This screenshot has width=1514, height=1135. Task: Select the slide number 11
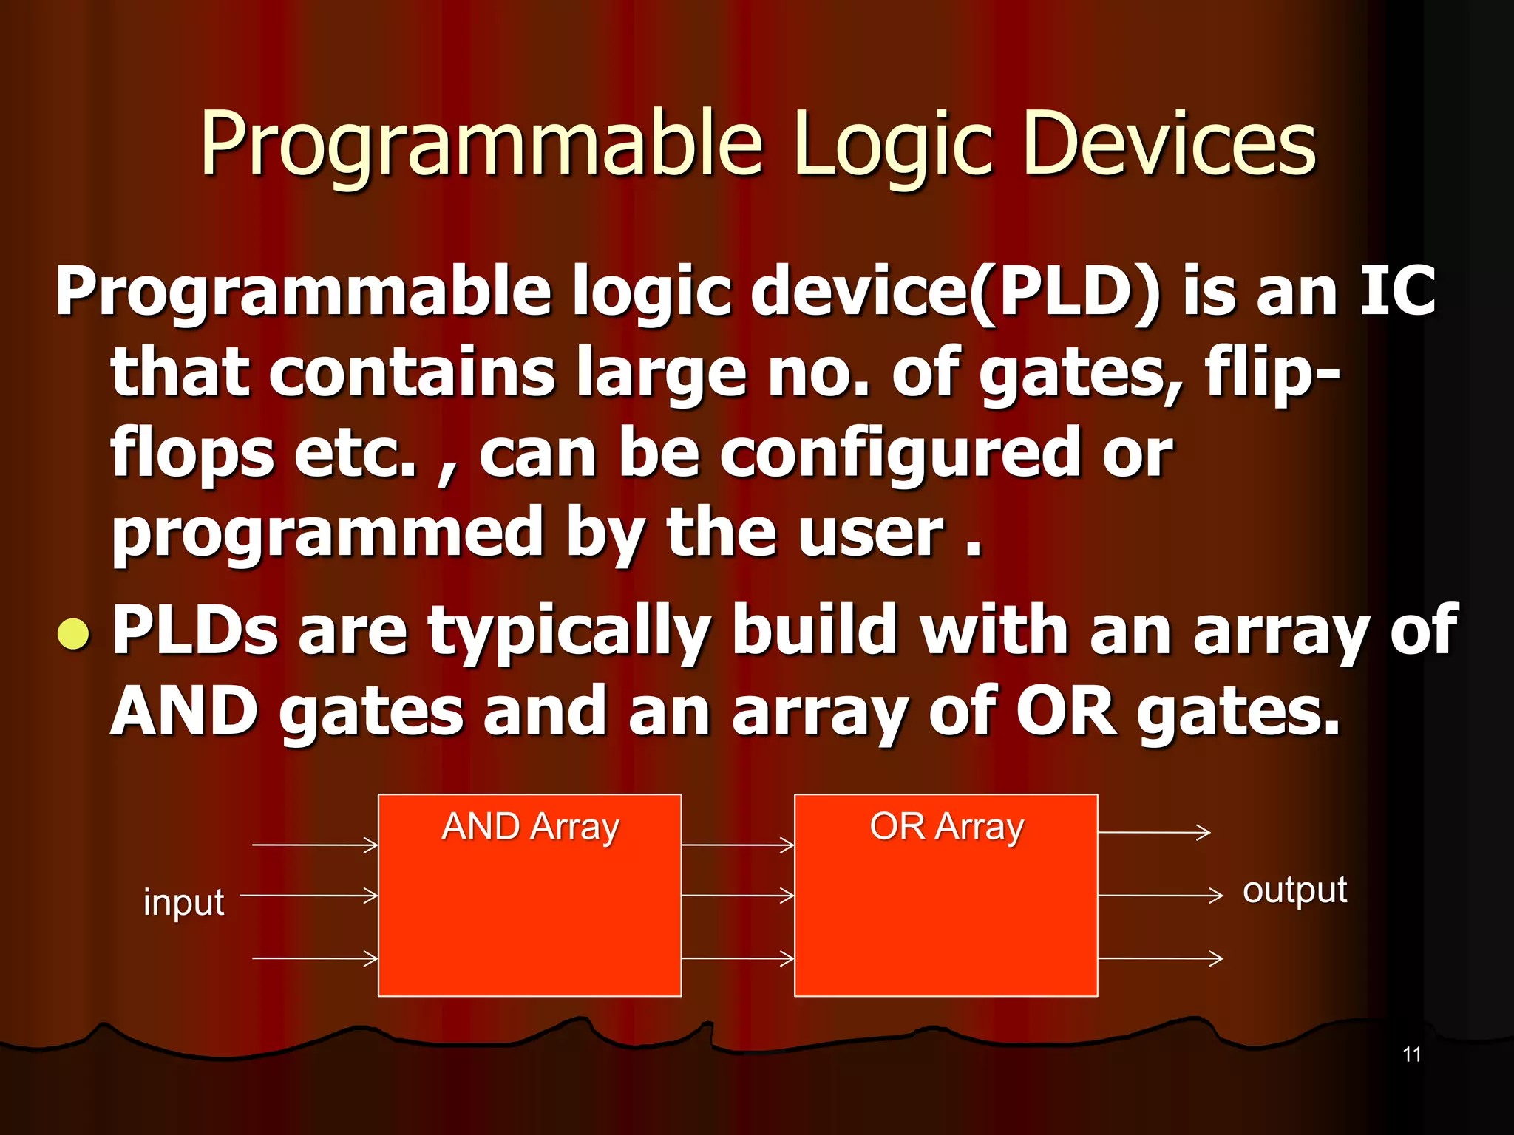pos(1411,1054)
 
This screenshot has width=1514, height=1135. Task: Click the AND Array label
pos(530,827)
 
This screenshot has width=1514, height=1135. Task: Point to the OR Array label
pos(946,827)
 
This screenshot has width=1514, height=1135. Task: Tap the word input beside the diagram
pos(183,902)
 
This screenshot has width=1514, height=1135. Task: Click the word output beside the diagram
pos(1294,890)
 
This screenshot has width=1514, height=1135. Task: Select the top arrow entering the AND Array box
pos(316,845)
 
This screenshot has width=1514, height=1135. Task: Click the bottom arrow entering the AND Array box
pos(316,958)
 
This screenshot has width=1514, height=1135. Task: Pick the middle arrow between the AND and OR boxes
pos(738,896)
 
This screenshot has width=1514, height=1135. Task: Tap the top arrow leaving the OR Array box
pos(1154,832)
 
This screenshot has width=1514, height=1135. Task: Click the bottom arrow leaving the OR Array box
pos(1160,958)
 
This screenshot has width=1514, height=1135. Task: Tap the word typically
pos(569,632)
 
